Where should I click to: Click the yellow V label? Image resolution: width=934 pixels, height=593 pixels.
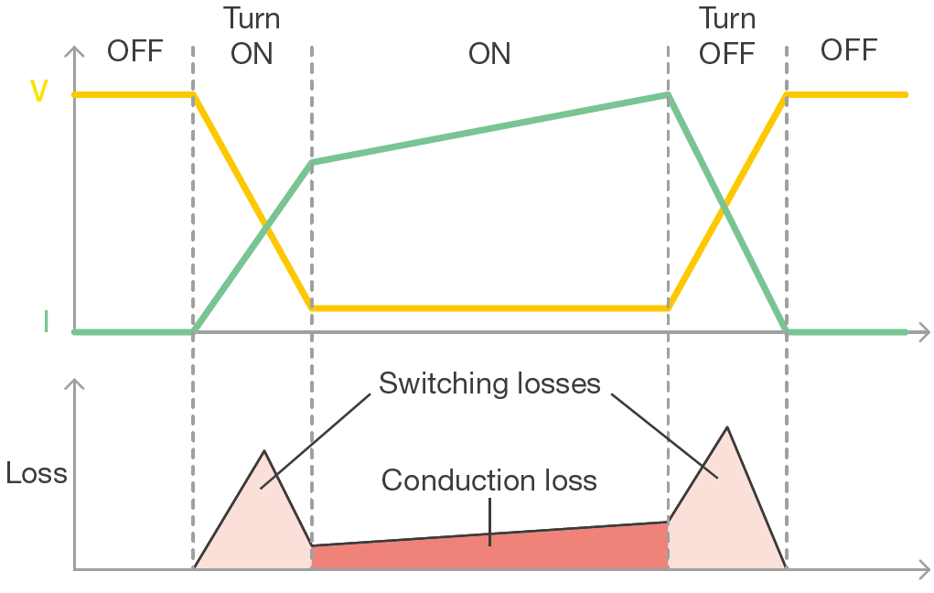(x=39, y=92)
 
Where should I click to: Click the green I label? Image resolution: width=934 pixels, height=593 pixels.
(x=45, y=321)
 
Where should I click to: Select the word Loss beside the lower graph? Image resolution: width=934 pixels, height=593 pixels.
(x=37, y=473)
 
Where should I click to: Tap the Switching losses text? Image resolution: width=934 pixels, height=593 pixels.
(x=489, y=383)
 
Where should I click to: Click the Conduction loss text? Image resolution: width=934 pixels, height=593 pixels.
(x=489, y=480)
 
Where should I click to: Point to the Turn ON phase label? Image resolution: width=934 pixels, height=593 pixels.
(x=252, y=36)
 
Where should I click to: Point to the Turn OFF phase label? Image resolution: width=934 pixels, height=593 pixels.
(x=726, y=36)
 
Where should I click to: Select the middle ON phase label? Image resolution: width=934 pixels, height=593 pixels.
(x=489, y=53)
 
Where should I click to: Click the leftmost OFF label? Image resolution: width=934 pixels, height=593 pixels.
(x=134, y=50)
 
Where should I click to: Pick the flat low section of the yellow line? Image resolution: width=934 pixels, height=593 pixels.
(x=489, y=308)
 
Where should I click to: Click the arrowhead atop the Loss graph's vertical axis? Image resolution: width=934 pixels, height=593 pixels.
(x=74, y=382)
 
